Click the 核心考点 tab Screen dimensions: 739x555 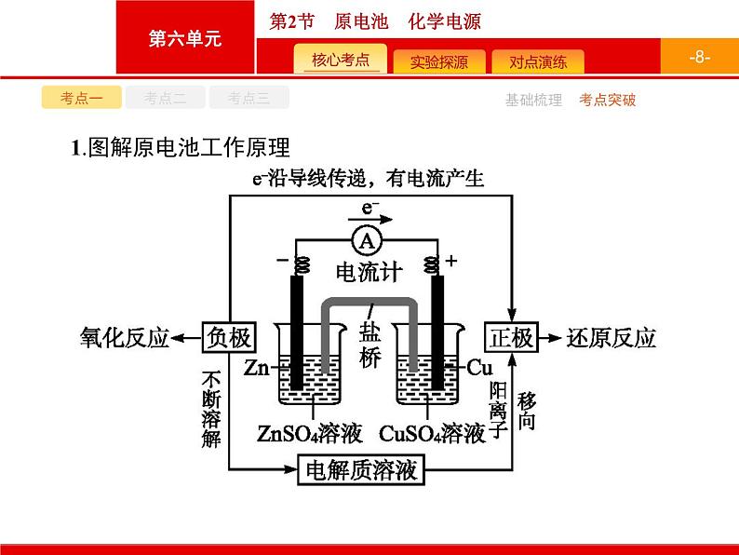341,60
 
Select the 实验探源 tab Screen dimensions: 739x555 438,61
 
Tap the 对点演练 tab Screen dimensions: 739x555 538,61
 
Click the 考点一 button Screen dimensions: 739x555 82,98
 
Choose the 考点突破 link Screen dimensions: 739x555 607,100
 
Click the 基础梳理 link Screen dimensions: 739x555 533,100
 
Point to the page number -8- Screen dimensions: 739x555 699,57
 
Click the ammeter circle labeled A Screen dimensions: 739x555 367,241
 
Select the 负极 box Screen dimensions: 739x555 229,337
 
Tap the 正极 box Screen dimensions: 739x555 511,337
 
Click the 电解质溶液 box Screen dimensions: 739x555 361,469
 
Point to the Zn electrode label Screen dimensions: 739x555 256,367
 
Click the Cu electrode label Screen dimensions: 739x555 479,367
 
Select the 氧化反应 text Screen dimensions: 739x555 125,338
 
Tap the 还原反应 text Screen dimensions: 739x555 611,338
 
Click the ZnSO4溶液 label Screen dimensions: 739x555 310,433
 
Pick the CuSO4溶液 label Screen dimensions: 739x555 432,433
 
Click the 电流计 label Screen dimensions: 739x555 369,272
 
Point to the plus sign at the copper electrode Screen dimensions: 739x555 451,261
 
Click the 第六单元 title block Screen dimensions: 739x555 185,37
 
